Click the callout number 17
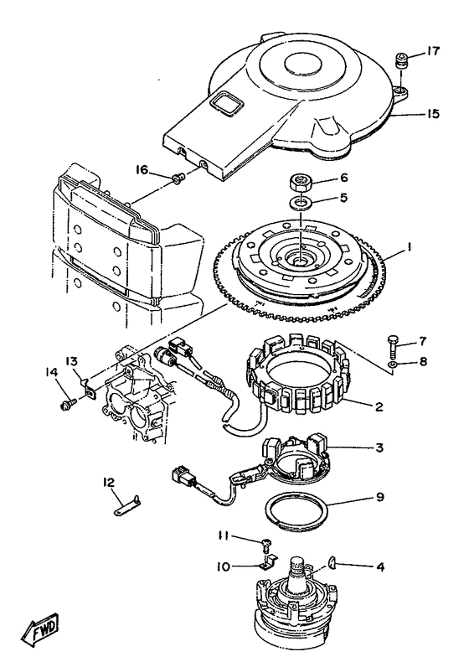click(433, 51)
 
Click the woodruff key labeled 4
click(332, 562)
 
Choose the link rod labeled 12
click(128, 506)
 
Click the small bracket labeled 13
click(88, 388)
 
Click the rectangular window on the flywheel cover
click(224, 104)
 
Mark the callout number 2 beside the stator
click(379, 406)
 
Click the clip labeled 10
click(268, 562)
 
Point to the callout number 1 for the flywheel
click(409, 248)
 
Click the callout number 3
click(379, 447)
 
